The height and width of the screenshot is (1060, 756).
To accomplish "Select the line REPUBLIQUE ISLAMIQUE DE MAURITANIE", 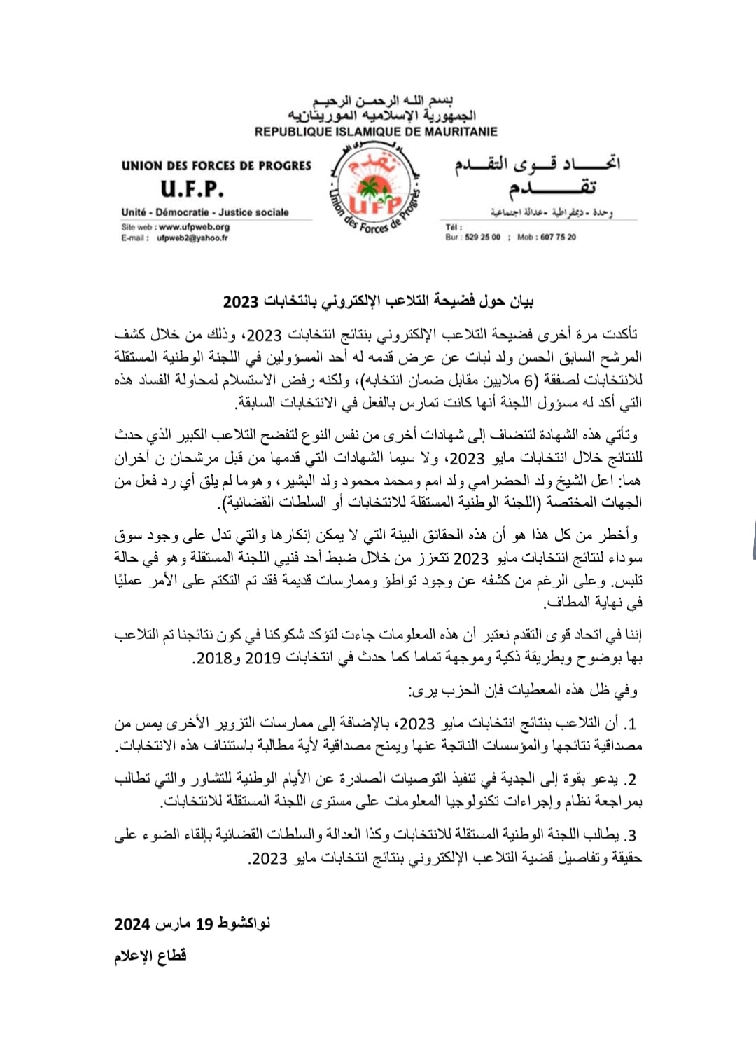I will (x=376, y=132).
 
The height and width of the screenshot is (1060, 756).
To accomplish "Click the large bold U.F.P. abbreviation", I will (x=192, y=189).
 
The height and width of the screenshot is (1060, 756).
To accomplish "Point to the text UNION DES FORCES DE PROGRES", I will (x=216, y=166).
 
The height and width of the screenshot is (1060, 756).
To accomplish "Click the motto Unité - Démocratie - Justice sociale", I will (x=205, y=212).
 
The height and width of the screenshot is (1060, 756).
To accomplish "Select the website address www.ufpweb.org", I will (x=194, y=227).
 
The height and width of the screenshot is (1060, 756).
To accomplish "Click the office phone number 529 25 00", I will (x=483, y=238).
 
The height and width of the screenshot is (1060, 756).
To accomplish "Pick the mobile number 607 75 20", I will (x=558, y=238).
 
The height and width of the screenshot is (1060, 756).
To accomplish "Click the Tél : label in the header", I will (x=454, y=227).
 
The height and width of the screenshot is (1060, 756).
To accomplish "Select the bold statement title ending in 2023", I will (x=378, y=302).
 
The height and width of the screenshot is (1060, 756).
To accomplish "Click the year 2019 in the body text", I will (x=262, y=658).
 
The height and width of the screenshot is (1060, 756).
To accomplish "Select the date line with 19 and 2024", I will (x=192, y=924).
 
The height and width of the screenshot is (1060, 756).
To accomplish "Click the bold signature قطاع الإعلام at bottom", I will (x=150, y=956).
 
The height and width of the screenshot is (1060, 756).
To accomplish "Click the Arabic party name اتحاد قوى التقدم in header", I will (x=538, y=165).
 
